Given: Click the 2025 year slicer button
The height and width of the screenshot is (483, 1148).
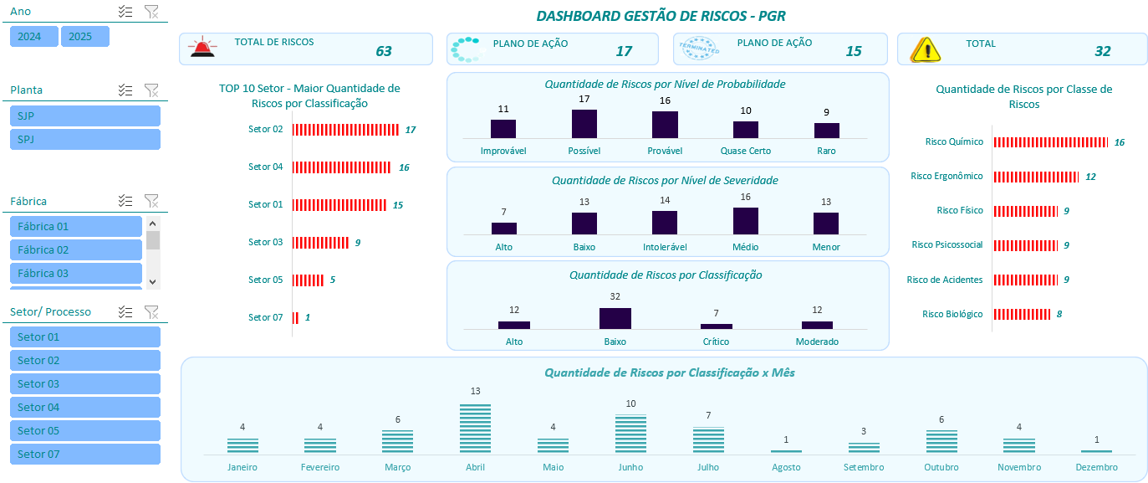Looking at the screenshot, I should pyautogui.click(x=84, y=36).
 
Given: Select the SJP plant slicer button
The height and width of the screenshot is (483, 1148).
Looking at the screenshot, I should pyautogui.click(x=84, y=116).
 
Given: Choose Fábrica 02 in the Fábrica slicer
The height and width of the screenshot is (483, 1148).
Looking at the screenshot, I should pyautogui.click(x=76, y=249).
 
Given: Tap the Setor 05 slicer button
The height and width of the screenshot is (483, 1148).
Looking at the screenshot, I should pyautogui.click(x=84, y=430).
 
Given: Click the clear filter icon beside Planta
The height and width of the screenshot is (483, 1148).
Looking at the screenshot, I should pyautogui.click(x=151, y=90).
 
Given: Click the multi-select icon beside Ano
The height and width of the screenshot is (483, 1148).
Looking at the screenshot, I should pyautogui.click(x=125, y=11).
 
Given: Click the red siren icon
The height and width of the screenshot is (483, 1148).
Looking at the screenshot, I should pyautogui.click(x=202, y=48).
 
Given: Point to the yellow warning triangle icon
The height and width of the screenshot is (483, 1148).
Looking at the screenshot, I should pyautogui.click(x=926, y=49).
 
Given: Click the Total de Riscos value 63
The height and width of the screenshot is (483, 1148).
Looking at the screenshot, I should pyautogui.click(x=383, y=51).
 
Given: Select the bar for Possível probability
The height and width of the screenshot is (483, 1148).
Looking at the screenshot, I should pyautogui.click(x=584, y=124).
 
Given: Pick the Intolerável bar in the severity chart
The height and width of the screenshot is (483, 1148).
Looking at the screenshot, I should pyautogui.click(x=665, y=223).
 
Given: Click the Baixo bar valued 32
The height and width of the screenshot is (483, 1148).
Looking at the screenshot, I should pyautogui.click(x=615, y=318).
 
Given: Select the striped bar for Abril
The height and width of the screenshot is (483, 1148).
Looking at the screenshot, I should pyautogui.click(x=475, y=429).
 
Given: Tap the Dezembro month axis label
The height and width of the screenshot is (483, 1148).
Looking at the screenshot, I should pyautogui.click(x=1096, y=467).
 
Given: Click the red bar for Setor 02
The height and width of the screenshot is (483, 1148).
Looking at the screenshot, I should pyautogui.click(x=345, y=130).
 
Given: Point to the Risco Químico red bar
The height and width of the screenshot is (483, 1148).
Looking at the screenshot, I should pyautogui.click(x=1050, y=142).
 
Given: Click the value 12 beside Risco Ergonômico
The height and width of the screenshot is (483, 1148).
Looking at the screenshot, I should pyautogui.click(x=1090, y=177).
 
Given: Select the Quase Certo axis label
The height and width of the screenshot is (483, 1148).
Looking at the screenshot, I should pyautogui.click(x=745, y=151).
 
